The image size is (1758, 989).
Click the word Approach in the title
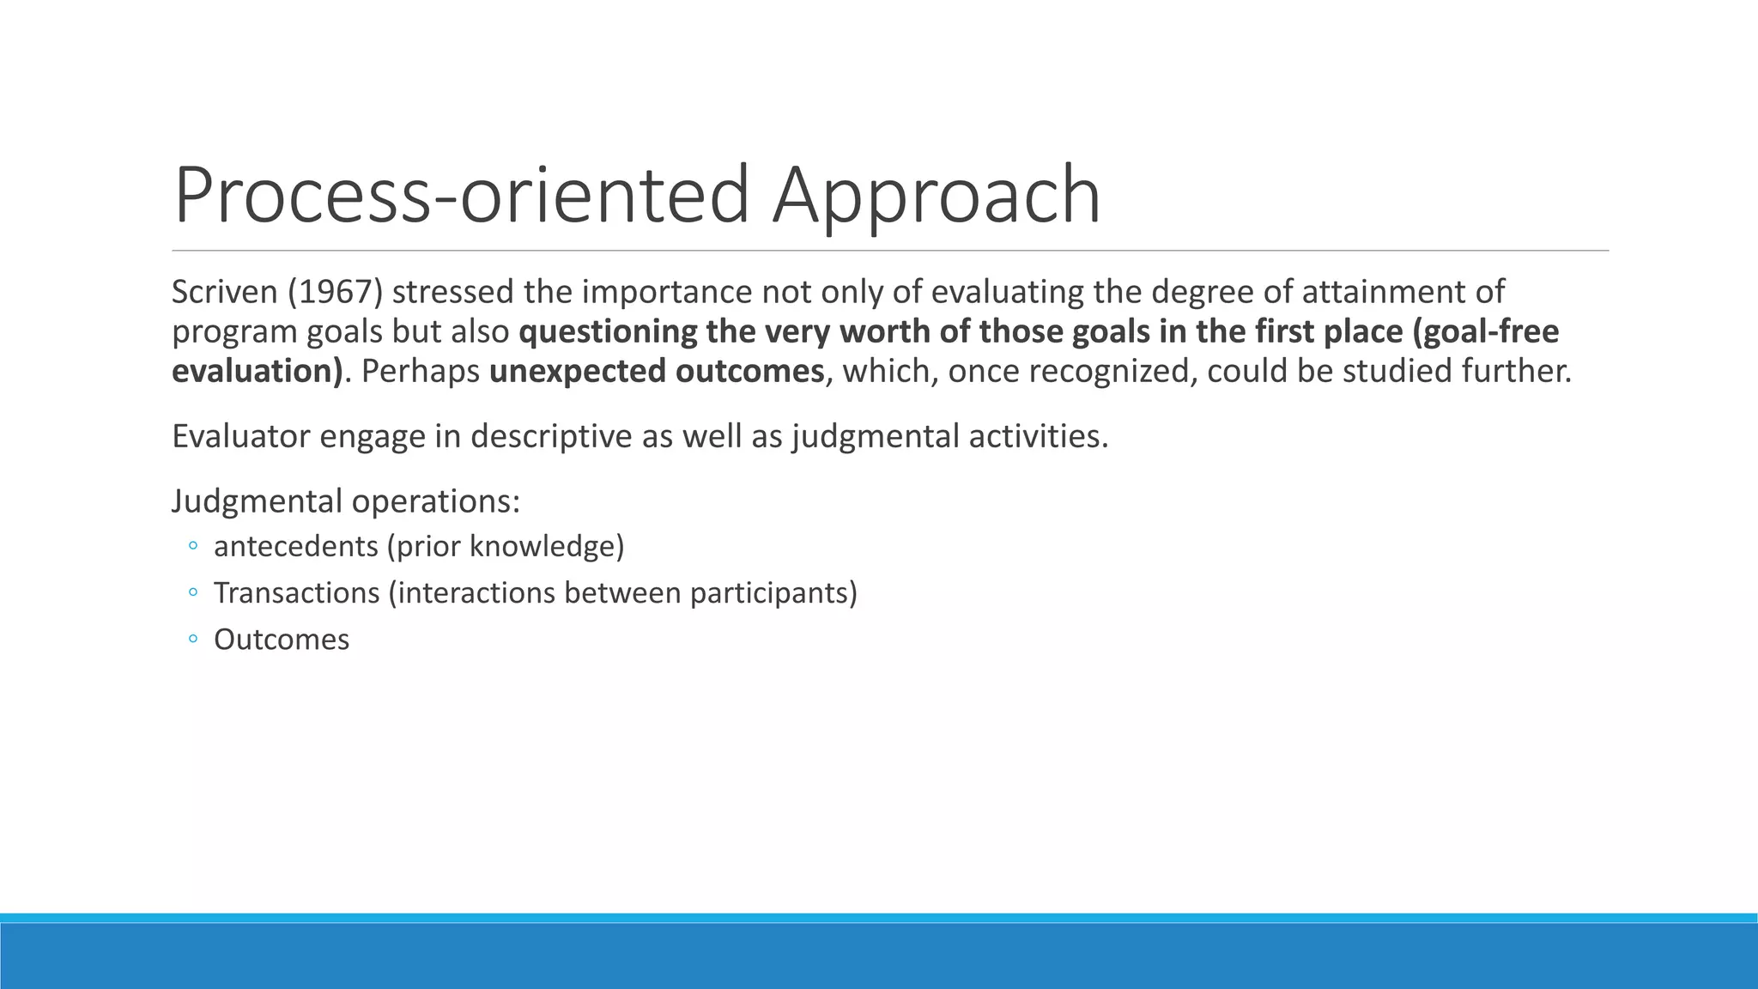click(x=936, y=196)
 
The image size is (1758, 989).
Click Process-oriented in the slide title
click(x=462, y=196)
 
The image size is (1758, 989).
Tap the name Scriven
click(x=224, y=292)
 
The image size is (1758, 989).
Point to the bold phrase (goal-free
click(x=1490, y=331)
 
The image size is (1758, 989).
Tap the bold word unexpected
click(x=577, y=371)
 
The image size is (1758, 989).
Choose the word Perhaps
click(x=421, y=371)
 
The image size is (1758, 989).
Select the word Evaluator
click(x=240, y=436)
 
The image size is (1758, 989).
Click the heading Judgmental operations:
click(x=346, y=501)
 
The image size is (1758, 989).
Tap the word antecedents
click(x=296, y=546)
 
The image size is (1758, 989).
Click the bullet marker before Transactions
click(x=193, y=592)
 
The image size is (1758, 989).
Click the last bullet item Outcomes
click(x=282, y=640)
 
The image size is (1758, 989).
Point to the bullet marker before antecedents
click(x=193, y=546)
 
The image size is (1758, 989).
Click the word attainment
click(x=1385, y=292)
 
